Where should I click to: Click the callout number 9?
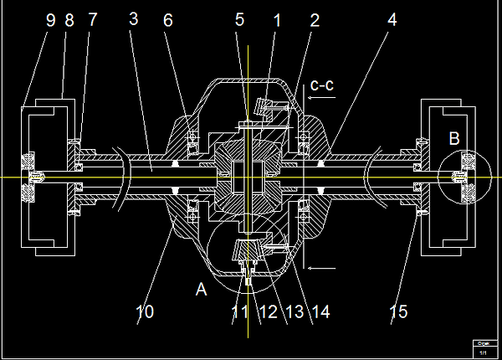point(50,20)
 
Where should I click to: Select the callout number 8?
point(69,20)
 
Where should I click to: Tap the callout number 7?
point(92,20)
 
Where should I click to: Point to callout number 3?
point(133,20)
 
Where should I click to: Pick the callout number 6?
point(167,20)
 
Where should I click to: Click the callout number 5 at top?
point(240,20)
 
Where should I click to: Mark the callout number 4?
point(392,20)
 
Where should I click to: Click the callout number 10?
point(145,312)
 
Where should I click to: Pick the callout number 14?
point(321,312)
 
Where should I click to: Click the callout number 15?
point(398,312)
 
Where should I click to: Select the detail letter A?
point(200,289)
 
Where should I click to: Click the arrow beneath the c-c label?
point(322,98)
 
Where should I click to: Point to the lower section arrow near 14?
point(322,268)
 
